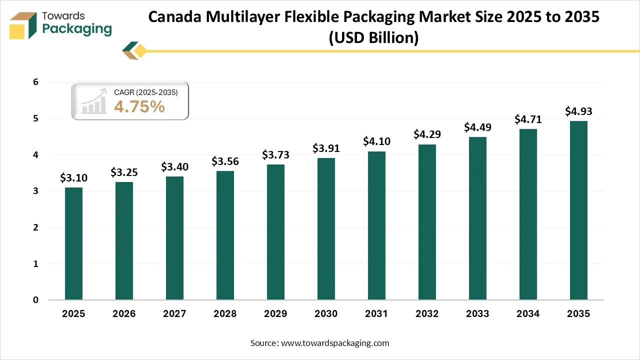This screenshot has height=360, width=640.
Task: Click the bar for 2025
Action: [x=73, y=243]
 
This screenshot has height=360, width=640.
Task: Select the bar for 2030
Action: [x=326, y=229]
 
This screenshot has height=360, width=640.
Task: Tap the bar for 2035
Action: [x=578, y=210]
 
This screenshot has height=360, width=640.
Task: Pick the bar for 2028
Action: [x=225, y=235]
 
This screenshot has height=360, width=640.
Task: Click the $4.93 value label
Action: [x=578, y=111]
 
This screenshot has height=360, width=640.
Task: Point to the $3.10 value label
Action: [x=73, y=177]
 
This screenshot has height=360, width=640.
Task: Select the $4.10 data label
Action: [x=376, y=141]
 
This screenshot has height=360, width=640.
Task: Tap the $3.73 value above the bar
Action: [x=275, y=155]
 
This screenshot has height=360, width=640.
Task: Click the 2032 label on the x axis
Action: [x=427, y=314]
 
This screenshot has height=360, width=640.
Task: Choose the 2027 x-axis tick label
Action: [x=174, y=314]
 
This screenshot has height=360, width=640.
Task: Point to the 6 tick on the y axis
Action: [x=35, y=82]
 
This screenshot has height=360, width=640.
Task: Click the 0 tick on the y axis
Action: [x=35, y=300]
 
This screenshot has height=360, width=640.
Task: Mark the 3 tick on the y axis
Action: [x=35, y=191]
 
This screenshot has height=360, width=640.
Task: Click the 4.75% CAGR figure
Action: [x=139, y=106]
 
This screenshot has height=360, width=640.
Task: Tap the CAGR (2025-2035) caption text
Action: [x=145, y=92]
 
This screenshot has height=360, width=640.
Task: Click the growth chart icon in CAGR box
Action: [x=93, y=101]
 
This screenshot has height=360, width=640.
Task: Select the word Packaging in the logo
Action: [x=77, y=29]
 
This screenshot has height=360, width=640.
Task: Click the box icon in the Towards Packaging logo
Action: [x=23, y=25]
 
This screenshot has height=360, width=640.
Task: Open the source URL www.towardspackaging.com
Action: [x=335, y=343]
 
